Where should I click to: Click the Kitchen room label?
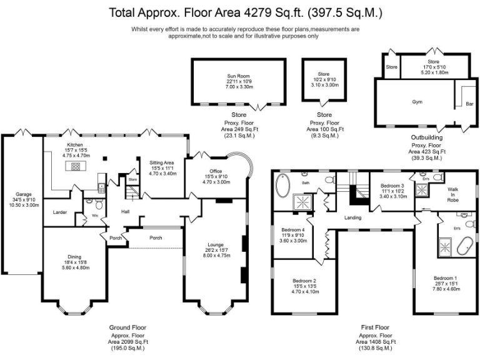point(75,144)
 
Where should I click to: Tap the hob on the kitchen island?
point(76,167)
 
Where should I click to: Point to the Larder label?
point(60,212)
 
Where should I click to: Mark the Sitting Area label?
point(161,162)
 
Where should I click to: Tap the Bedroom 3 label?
point(393,186)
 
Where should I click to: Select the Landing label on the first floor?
point(354,218)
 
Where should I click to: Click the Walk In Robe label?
point(454,194)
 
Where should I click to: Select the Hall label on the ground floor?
point(125,212)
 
